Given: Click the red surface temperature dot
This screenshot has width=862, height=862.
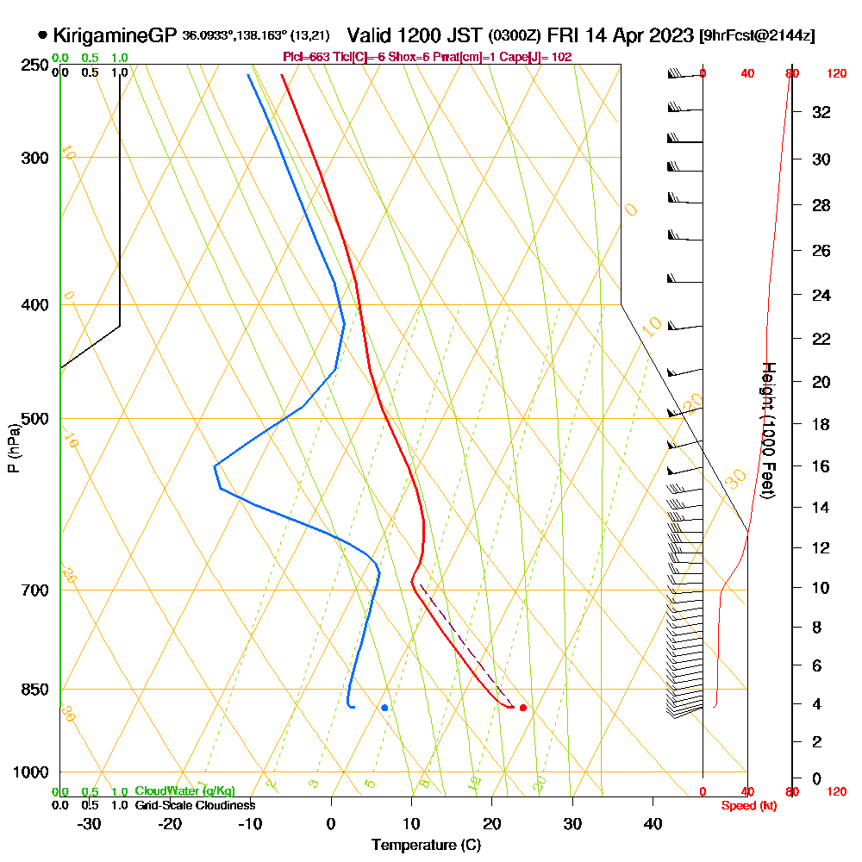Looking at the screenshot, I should pos(523,708).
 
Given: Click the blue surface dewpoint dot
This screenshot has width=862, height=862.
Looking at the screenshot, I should pos(384,708).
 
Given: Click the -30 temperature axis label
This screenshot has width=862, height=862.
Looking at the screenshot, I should pos(89,823).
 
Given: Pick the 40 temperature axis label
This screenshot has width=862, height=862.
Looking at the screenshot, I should pos(653,823).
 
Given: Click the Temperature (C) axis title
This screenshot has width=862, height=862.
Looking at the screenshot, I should pos(426,845).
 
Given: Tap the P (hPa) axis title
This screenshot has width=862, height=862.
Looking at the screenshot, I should pos(13,448).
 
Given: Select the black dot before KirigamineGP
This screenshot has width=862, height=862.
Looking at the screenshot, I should pos(42,35).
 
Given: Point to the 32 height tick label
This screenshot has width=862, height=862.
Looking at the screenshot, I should pos(821,112).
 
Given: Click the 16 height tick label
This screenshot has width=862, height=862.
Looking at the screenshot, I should pos(821,466).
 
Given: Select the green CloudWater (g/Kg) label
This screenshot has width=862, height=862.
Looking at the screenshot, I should pos(184,791).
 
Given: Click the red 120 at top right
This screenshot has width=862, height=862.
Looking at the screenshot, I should pos(836,74).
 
